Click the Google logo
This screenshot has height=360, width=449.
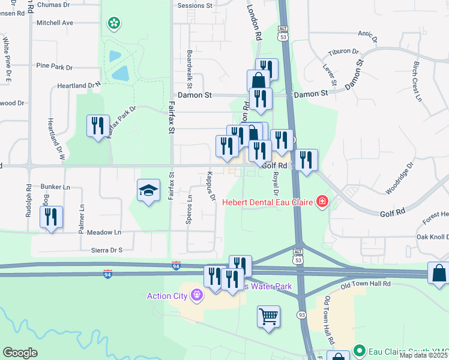pyautogui.click(x=20, y=353)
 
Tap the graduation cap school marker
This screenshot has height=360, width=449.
pyautogui.click(x=148, y=191)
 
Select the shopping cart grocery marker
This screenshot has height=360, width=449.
pyautogui.click(x=268, y=316)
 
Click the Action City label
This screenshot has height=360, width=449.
pyautogui.click(x=167, y=295)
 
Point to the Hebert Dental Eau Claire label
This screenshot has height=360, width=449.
pyautogui.click(x=268, y=202)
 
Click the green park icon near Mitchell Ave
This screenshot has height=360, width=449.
pyautogui.click(x=113, y=23)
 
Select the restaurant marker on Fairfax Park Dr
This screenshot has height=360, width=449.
pyautogui.click(x=98, y=127)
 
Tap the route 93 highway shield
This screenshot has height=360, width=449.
pyautogui.click(x=301, y=315)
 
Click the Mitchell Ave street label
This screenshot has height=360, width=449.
pyautogui.click(x=55, y=23)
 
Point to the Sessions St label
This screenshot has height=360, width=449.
pyautogui.click(x=195, y=5)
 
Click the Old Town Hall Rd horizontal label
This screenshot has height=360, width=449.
pyautogui.click(x=366, y=284)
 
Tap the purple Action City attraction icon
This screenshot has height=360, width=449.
pyautogui.click(x=196, y=295)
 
